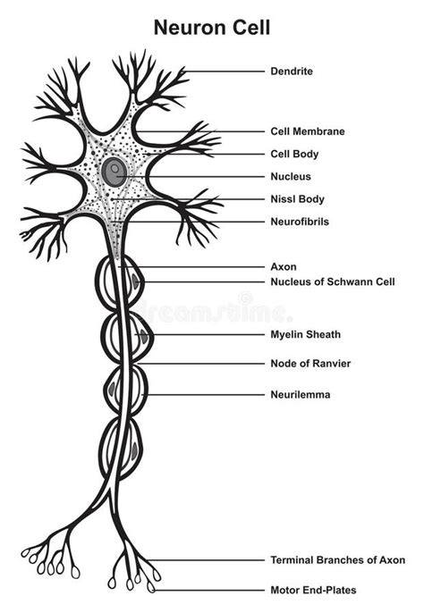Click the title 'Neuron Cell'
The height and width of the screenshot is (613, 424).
(212, 29)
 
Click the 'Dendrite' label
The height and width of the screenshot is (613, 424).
(292, 71)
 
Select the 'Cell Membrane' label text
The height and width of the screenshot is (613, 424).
(308, 131)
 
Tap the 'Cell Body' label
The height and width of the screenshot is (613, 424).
(294, 154)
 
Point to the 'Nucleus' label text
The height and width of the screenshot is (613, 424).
(291, 177)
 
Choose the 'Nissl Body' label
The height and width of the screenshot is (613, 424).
(298, 199)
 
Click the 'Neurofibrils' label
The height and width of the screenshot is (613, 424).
(300, 222)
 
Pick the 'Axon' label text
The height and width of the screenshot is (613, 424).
(284, 267)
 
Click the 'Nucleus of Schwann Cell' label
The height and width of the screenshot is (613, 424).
(333, 281)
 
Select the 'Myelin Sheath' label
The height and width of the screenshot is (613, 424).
(306, 334)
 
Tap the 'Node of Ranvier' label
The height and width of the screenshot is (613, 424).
(311, 364)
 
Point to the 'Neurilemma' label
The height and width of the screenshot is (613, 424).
(301, 395)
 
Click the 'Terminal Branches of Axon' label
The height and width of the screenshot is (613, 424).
(338, 560)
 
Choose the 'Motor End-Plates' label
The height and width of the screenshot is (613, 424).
(314, 591)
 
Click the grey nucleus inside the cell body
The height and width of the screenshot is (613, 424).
(114, 172)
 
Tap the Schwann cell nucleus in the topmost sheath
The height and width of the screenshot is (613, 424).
(135, 281)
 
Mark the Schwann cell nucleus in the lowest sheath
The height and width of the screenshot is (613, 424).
(135, 450)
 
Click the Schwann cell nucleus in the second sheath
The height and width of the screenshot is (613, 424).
(144, 336)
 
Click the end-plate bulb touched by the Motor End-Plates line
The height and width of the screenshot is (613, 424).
(151, 587)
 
